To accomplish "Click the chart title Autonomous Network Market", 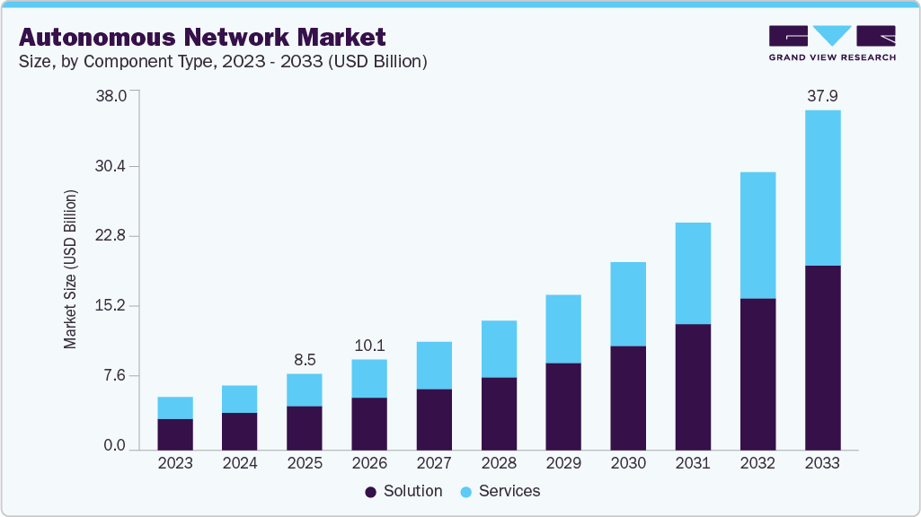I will (202, 37).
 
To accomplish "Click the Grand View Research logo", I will (832, 42).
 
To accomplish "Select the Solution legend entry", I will (403, 491).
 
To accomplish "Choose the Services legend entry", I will (500, 491).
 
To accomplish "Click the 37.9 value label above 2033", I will (822, 95).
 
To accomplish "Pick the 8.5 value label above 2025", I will (305, 359).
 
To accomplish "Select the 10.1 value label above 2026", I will (369, 345).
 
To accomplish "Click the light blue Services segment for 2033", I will (822, 188).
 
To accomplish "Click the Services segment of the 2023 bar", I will (175, 407).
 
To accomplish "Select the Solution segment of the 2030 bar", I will (628, 397).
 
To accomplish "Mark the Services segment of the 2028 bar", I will (499, 348).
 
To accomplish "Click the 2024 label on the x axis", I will (240, 463).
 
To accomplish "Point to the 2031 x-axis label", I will (693, 463).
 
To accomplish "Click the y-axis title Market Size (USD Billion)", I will (70, 269).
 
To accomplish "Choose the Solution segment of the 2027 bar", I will (434, 418).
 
